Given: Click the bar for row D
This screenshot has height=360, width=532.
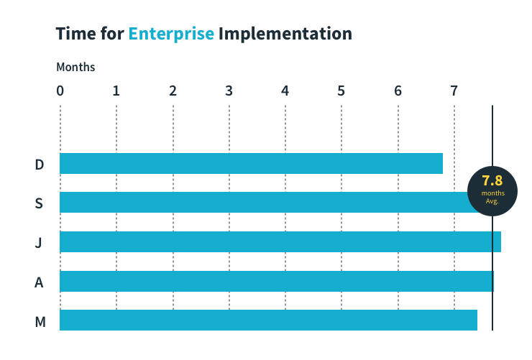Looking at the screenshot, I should (x=251, y=164).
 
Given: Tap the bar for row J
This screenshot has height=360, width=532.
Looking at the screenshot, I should (x=280, y=242).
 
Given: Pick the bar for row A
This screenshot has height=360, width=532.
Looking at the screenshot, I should (x=276, y=281).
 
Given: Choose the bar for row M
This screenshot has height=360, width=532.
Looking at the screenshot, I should (x=268, y=320).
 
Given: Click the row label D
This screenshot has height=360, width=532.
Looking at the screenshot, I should (x=40, y=165).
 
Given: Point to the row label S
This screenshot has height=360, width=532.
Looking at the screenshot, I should (x=40, y=203).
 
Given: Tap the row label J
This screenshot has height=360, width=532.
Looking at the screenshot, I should (x=39, y=243).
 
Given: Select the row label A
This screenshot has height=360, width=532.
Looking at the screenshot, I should (x=40, y=282).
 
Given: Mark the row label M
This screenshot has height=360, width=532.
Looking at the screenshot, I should (x=40, y=321).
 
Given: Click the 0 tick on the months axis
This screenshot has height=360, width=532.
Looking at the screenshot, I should (x=60, y=91).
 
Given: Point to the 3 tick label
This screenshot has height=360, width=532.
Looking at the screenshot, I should (x=229, y=91).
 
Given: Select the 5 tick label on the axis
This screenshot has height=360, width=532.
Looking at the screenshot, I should (x=341, y=91).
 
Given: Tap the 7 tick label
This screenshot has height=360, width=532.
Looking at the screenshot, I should (x=454, y=91).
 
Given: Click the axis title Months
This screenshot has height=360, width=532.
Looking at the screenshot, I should (x=75, y=68).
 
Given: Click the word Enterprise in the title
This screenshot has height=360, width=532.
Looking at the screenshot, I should (x=171, y=34).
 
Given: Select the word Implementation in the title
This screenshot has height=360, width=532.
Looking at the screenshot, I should (x=285, y=34).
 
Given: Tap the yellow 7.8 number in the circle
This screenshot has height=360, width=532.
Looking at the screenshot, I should (x=492, y=180).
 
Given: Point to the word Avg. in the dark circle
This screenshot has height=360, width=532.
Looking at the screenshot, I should (x=492, y=201).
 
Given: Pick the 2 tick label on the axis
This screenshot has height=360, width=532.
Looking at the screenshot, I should (x=173, y=91).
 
